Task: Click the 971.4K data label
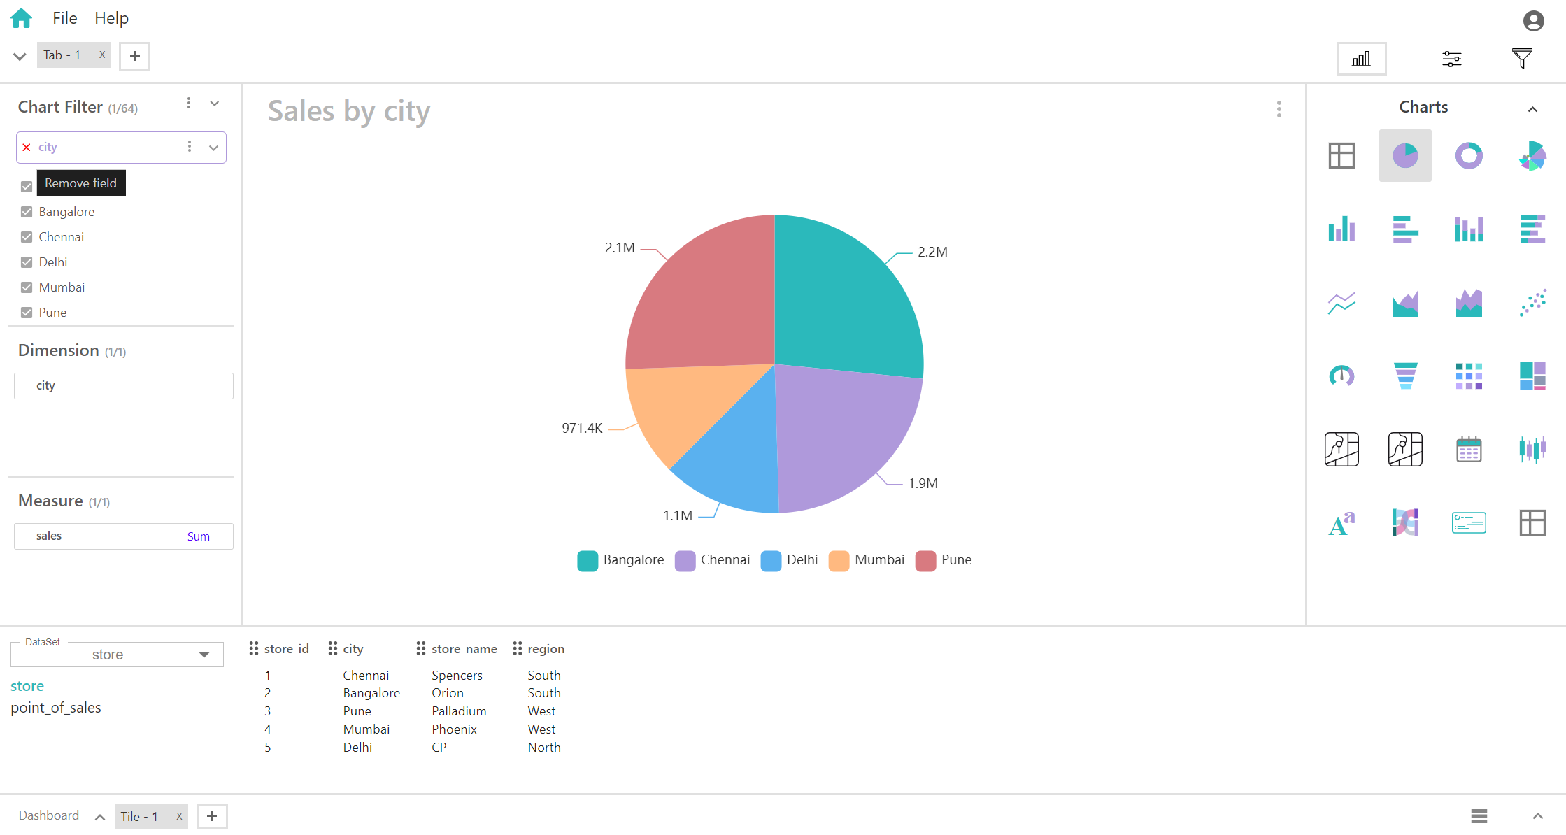coord(582,428)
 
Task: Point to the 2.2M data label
coord(932,252)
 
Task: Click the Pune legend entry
coord(944,560)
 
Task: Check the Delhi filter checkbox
coord(27,262)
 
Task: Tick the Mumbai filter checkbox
coord(27,287)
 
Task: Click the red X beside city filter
coord(27,148)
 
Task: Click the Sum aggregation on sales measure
coord(198,536)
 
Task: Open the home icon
coord(22,18)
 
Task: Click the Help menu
coord(111,18)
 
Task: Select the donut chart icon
coord(1469,155)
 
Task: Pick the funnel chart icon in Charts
coord(1405,376)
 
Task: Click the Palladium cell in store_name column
coord(459,711)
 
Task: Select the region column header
coord(546,649)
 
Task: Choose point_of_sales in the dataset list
coord(56,708)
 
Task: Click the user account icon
coord(1533,21)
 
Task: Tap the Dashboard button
coord(49,815)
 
